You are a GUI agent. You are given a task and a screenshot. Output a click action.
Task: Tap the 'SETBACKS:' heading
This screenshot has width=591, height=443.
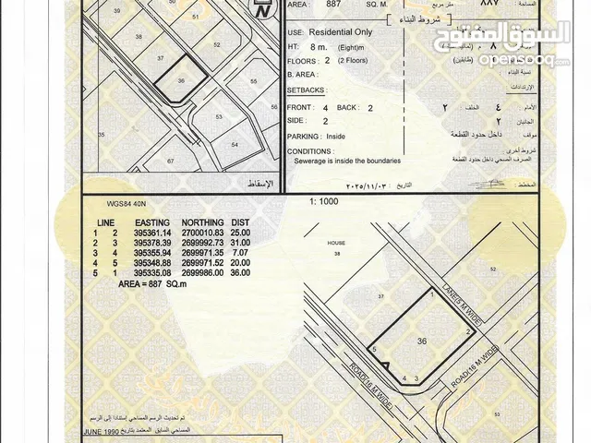pyautogui.click(x=307, y=92)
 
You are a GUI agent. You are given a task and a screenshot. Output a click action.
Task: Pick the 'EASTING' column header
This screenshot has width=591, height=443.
pyautogui.click(x=151, y=222)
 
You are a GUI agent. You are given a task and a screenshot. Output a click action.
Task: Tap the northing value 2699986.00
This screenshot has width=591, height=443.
pyautogui.click(x=209, y=273)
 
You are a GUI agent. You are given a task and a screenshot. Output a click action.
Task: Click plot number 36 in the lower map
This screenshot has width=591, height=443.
pyautogui.click(x=422, y=341)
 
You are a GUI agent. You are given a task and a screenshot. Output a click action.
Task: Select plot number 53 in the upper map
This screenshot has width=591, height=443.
pyautogui.click(x=219, y=117)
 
